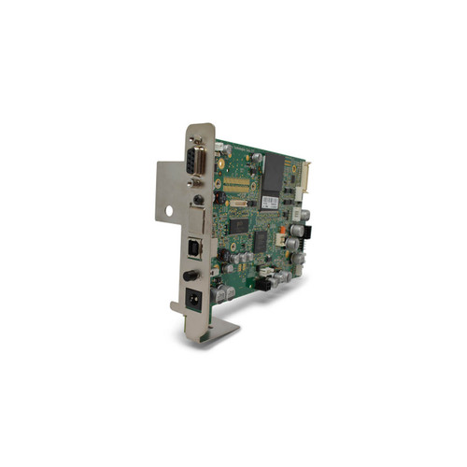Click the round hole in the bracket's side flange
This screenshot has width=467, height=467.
point(170,211)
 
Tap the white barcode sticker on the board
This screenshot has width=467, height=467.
point(270,203)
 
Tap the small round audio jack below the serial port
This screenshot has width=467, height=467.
point(199,200)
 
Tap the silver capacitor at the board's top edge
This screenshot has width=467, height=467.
point(255,157)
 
